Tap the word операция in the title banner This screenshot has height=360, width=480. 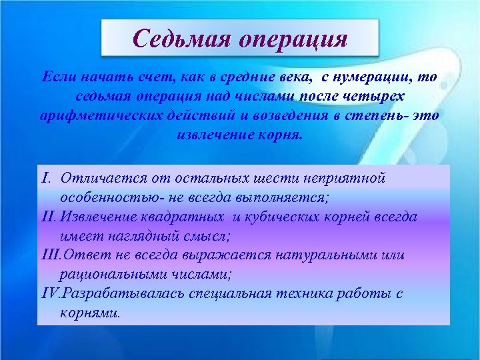pos(291,39)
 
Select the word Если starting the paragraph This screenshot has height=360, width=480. pos(57,77)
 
